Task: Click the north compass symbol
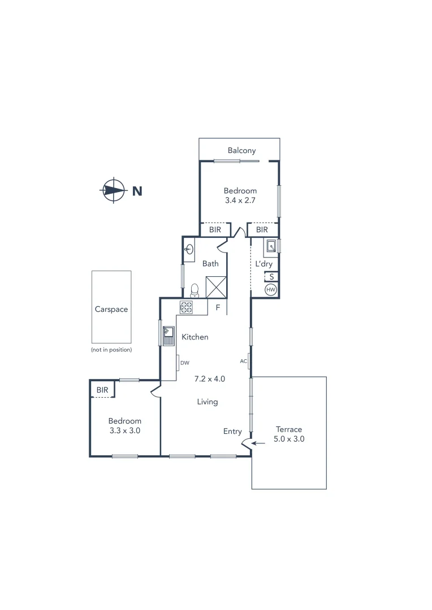(114, 190)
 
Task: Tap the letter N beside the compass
(137, 191)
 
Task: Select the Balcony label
(241, 150)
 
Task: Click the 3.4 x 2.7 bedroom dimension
(240, 200)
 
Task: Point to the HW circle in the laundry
(271, 290)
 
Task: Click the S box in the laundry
(271, 277)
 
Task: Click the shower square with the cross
(216, 286)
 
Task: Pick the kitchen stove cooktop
(186, 307)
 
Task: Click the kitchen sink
(169, 335)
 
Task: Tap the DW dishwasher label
(185, 363)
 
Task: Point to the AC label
(244, 361)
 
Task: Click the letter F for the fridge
(218, 308)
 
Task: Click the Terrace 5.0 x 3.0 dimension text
(289, 439)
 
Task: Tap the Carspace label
(111, 310)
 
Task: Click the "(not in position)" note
(111, 350)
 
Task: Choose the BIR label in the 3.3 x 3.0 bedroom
(102, 390)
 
